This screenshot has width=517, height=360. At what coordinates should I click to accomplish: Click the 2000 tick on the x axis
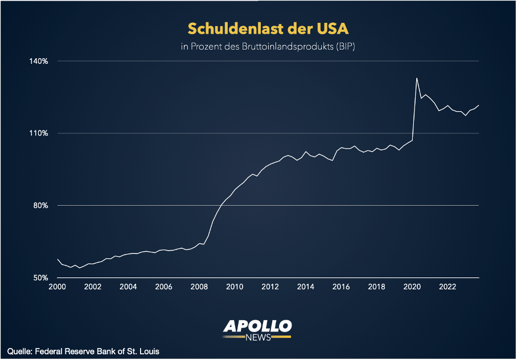click(58, 287)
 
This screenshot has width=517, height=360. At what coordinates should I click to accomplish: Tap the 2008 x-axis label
click(199, 287)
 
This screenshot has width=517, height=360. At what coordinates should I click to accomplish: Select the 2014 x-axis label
click(305, 287)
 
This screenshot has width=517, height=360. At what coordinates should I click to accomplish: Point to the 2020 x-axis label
click(411, 287)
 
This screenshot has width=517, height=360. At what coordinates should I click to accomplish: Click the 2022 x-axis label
click(447, 287)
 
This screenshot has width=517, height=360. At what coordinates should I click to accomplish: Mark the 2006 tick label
click(163, 287)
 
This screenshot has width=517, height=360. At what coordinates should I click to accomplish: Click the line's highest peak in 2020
click(417, 78)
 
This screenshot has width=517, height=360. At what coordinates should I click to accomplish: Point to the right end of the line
click(479, 105)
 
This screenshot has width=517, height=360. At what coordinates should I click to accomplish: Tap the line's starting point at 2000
click(58, 259)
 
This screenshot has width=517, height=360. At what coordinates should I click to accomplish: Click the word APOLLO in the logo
click(257, 326)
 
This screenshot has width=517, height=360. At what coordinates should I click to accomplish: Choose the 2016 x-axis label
click(340, 287)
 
